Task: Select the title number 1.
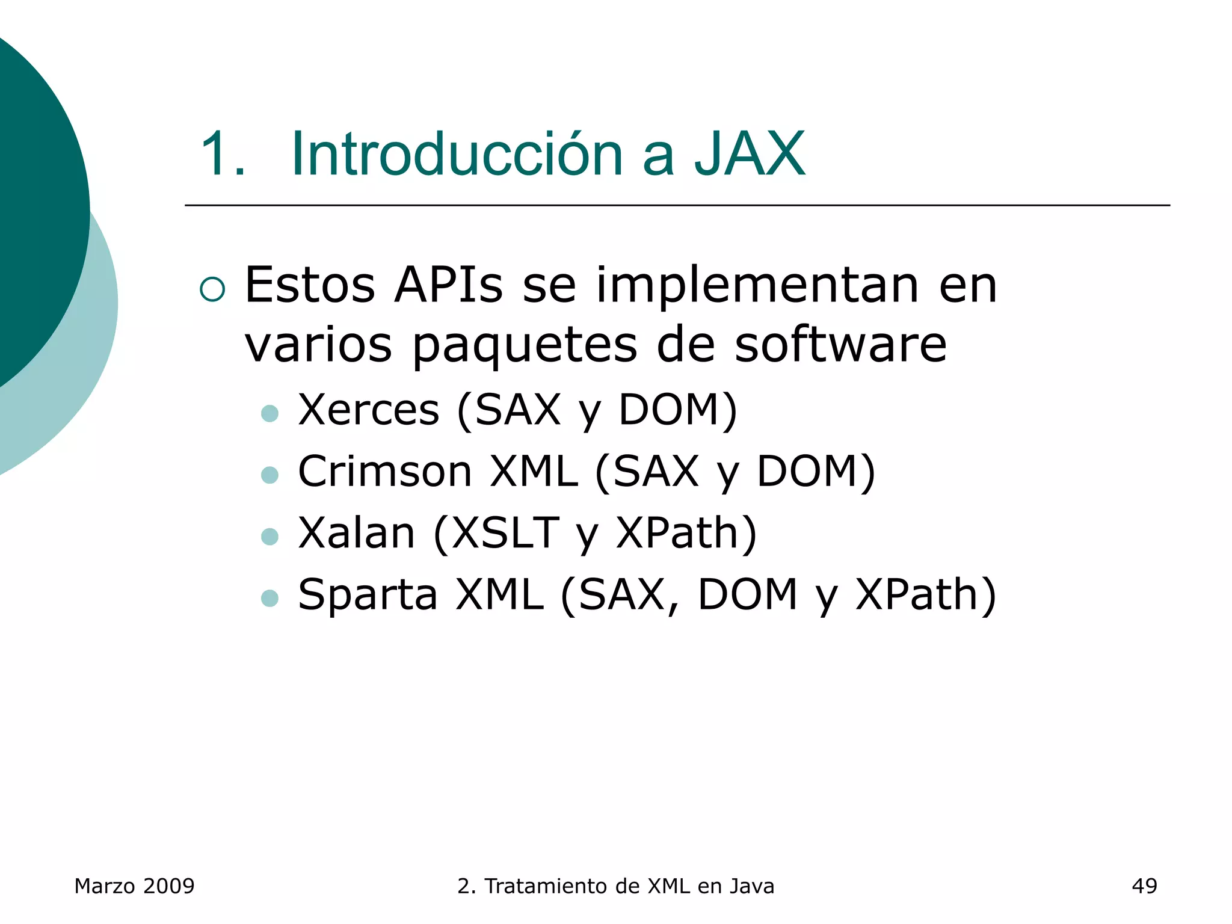pyautogui.click(x=222, y=155)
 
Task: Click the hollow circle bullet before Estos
pyautogui.click(x=212, y=289)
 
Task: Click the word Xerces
pyautogui.click(x=369, y=410)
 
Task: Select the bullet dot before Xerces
pyautogui.click(x=270, y=414)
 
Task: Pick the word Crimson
pyautogui.click(x=385, y=471)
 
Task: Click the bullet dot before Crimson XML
pyautogui.click(x=270, y=475)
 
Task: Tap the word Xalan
pyautogui.click(x=357, y=533)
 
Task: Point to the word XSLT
pyautogui.click(x=505, y=533)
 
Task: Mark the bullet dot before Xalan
pyautogui.click(x=270, y=537)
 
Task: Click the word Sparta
pyautogui.click(x=368, y=596)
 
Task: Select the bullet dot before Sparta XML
pyautogui.click(x=270, y=598)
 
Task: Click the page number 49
pyautogui.click(x=1144, y=886)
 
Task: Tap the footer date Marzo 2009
pyautogui.click(x=134, y=886)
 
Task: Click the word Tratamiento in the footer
pyautogui.click(x=546, y=886)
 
